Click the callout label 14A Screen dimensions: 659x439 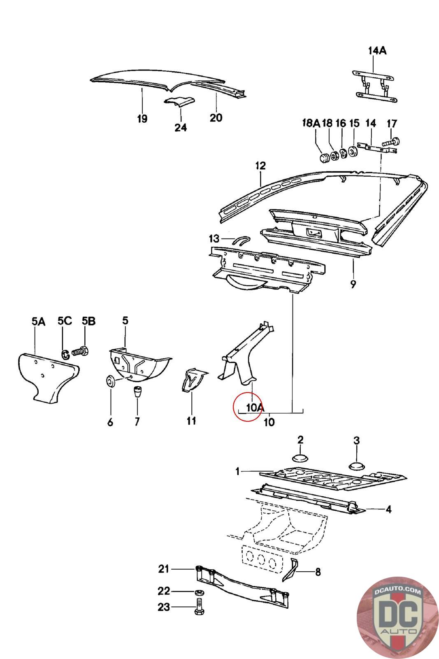(x=377, y=51)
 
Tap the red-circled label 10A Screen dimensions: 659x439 (x=254, y=407)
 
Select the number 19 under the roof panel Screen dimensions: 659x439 (x=142, y=119)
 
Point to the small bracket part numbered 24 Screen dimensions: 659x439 (x=179, y=103)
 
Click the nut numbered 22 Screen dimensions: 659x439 (x=198, y=592)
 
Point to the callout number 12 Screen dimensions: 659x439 (x=260, y=166)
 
